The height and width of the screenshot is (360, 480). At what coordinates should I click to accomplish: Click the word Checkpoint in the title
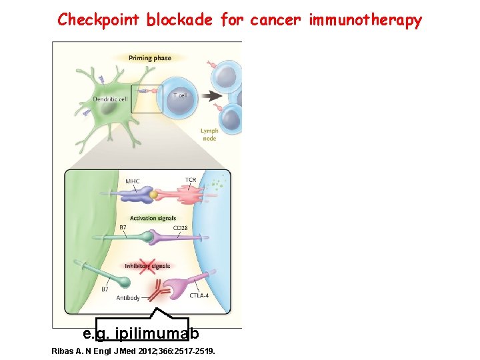coord(99,19)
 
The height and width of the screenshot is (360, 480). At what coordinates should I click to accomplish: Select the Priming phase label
coord(150,58)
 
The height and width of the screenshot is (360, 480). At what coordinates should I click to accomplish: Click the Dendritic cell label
coord(110,99)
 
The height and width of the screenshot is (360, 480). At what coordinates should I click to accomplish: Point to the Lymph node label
coord(209,135)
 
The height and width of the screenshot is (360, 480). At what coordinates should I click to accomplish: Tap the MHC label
coord(132,181)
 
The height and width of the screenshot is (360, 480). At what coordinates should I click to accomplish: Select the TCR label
coord(191,179)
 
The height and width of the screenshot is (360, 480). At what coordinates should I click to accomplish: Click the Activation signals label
coord(153,218)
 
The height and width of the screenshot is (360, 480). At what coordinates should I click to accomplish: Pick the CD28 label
coord(180,228)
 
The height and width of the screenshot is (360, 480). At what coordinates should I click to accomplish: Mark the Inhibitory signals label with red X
coord(147,265)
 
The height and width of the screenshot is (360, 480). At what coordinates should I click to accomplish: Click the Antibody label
coord(128,298)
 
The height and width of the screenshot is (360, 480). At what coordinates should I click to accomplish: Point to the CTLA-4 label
coord(199,295)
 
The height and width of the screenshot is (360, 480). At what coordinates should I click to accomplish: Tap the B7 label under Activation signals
coord(123,228)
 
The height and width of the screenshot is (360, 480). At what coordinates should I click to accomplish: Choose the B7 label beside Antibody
coord(105,289)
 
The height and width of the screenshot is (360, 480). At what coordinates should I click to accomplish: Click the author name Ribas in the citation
coord(62,350)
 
